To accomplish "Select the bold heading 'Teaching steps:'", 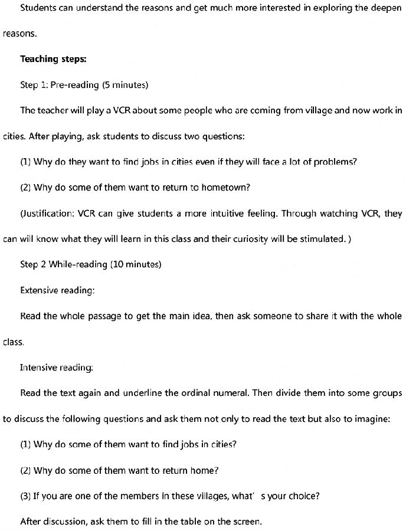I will [x=48, y=59].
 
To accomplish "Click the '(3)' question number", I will [x=25, y=496].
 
